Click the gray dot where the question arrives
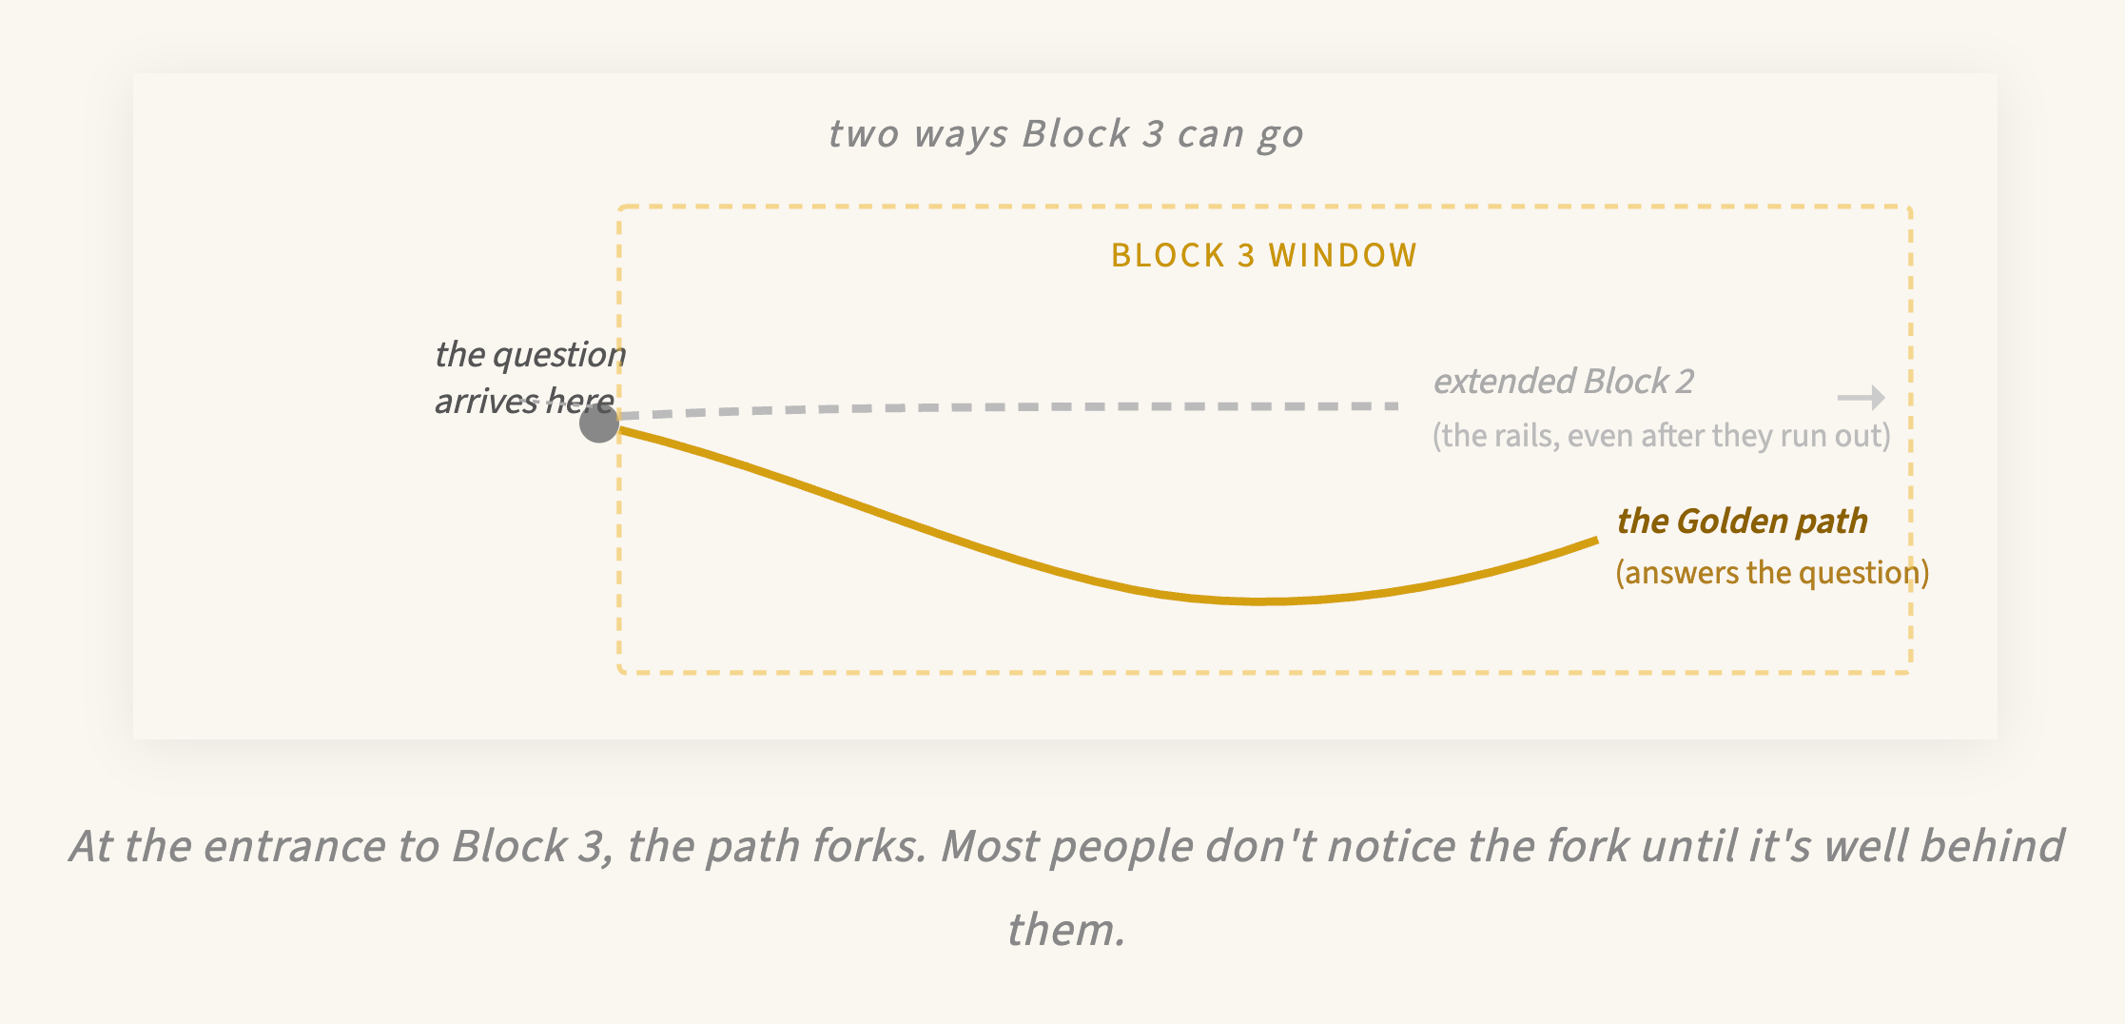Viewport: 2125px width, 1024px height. pyautogui.click(x=599, y=423)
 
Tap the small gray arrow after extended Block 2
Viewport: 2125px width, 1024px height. pyautogui.click(x=1861, y=397)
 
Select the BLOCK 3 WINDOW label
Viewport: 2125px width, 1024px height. pyautogui.click(x=1264, y=255)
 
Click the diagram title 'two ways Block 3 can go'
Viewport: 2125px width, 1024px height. pyautogui.click(x=1065, y=134)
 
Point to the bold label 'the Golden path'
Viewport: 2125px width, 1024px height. pyautogui.click(x=1742, y=522)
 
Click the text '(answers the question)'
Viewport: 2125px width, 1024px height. pyautogui.click(x=1772, y=573)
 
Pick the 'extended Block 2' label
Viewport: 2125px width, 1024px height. pyautogui.click(x=1563, y=382)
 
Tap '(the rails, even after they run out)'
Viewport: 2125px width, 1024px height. pyautogui.click(x=1661, y=436)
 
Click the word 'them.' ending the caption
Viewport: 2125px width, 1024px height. pyautogui.click(x=1066, y=930)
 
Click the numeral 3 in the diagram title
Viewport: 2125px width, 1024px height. pyautogui.click(x=1153, y=134)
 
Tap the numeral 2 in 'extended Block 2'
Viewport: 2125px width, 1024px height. pyautogui.click(x=1685, y=382)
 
